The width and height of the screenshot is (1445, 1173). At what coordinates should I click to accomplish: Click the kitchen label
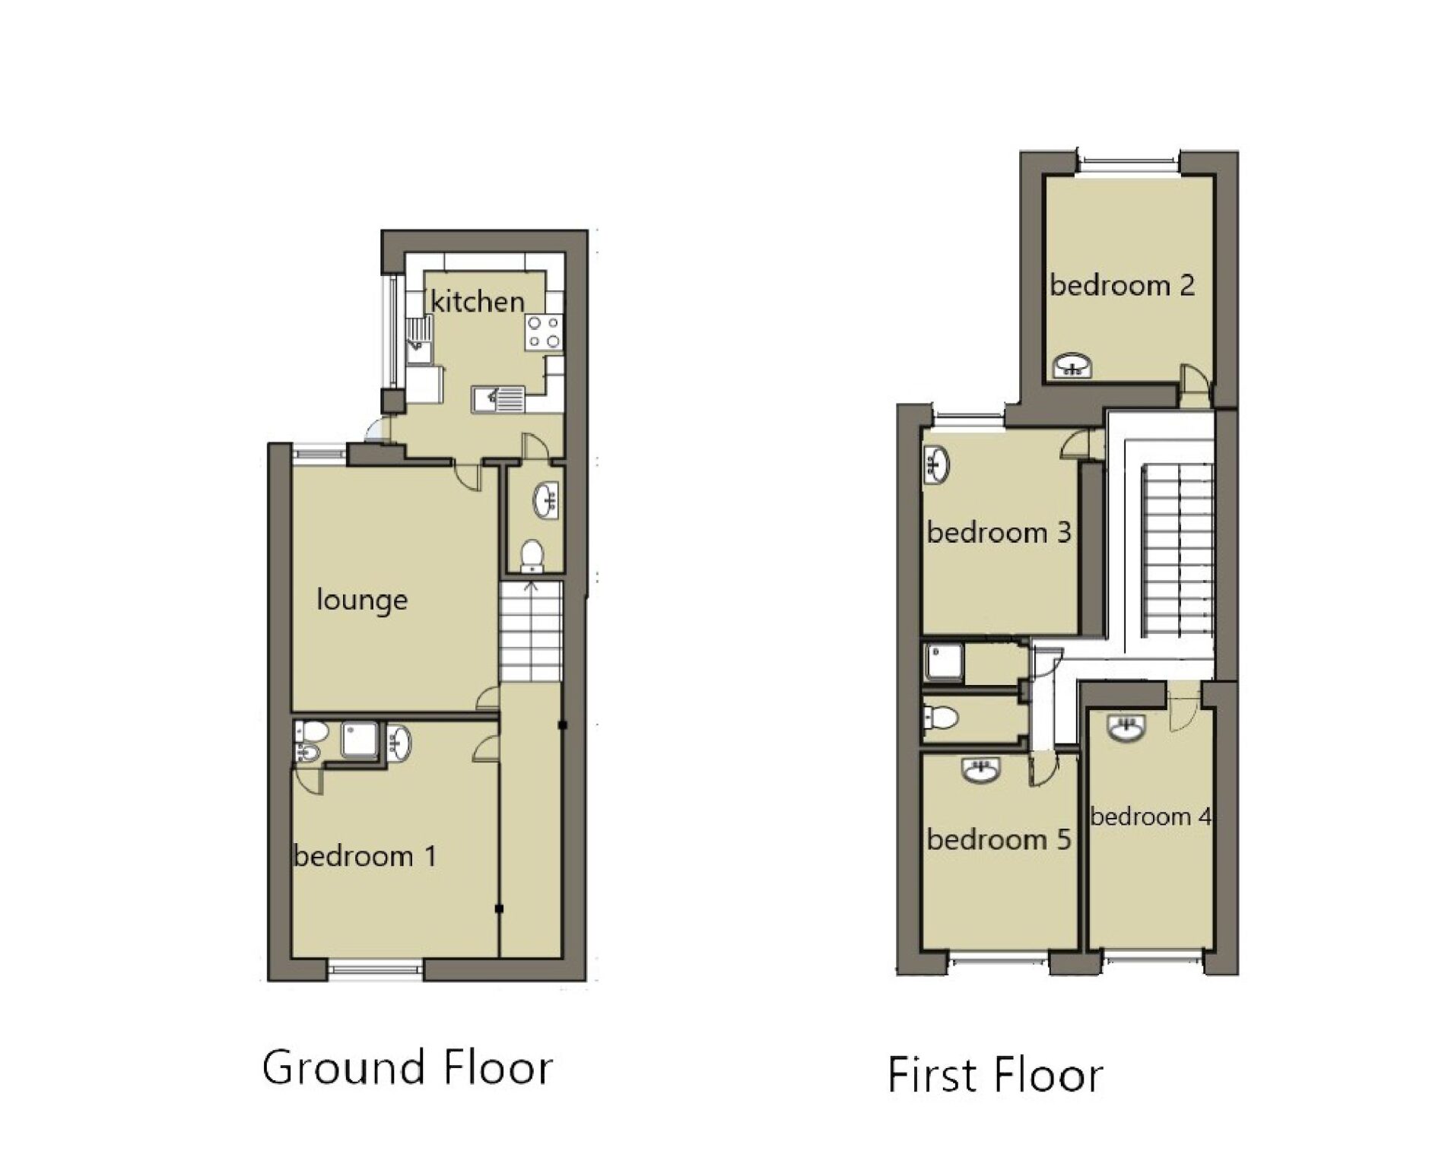[x=478, y=302]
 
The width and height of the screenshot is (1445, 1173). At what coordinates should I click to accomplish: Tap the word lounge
[x=362, y=601]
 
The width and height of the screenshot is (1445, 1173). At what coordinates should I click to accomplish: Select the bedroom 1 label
[x=365, y=857]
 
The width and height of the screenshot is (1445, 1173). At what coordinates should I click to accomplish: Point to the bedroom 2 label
[x=1123, y=285]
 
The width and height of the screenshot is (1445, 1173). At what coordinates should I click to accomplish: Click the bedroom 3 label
[x=999, y=532]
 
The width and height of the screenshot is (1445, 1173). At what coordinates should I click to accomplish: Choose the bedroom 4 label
[x=1151, y=816]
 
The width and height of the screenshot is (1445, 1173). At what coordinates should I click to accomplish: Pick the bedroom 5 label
[x=999, y=839]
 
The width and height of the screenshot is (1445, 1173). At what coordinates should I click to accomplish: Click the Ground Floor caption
[x=408, y=1067]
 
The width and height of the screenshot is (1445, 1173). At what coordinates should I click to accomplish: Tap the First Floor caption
[x=996, y=1075]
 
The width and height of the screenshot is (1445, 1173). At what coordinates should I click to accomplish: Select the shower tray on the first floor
[x=943, y=662]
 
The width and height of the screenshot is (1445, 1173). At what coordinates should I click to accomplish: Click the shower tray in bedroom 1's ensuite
[x=360, y=740]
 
